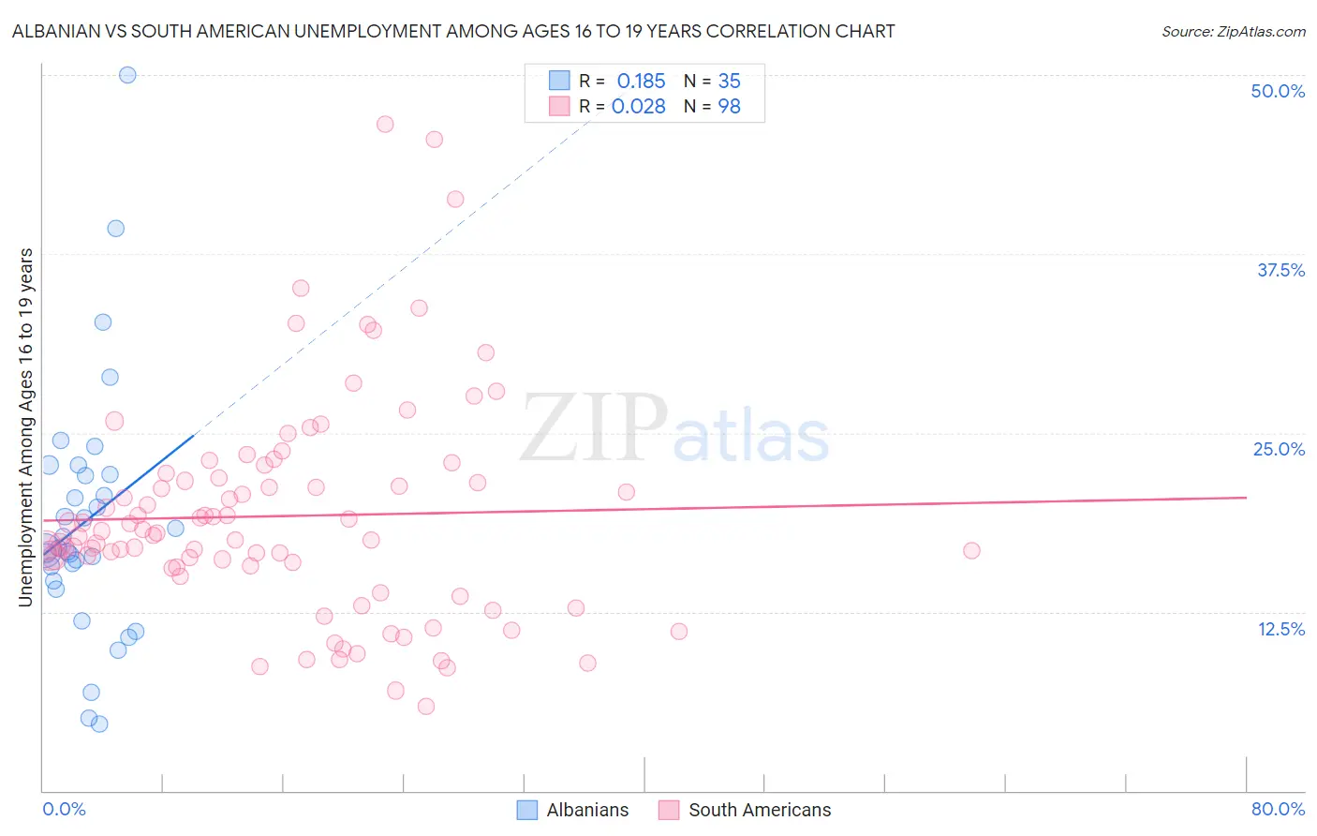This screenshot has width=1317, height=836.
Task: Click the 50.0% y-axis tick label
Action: coord(1278,91)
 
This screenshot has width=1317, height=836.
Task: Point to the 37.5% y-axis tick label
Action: coord(1280,270)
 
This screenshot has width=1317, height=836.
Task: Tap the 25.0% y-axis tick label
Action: coord(1279,449)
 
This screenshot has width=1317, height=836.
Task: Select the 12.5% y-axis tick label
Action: coord(1280,629)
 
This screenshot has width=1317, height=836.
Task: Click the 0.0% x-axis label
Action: coord(64,809)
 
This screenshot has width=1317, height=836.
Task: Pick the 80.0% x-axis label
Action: coord(1278,809)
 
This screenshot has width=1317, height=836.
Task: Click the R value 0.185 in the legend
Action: coord(641,82)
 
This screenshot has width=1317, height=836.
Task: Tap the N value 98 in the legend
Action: coord(729,107)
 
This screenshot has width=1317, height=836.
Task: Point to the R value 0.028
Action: coord(638,107)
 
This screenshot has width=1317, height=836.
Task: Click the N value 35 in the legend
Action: coord(729,82)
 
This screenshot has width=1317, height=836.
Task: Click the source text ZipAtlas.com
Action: coord(1233,31)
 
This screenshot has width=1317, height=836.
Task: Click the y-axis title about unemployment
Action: coord(26,427)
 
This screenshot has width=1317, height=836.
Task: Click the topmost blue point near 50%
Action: coord(127,75)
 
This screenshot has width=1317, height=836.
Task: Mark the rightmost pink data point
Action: coord(971,550)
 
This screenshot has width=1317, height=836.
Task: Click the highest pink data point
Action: coord(385,124)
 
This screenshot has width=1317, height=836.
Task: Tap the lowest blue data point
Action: coord(99,724)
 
